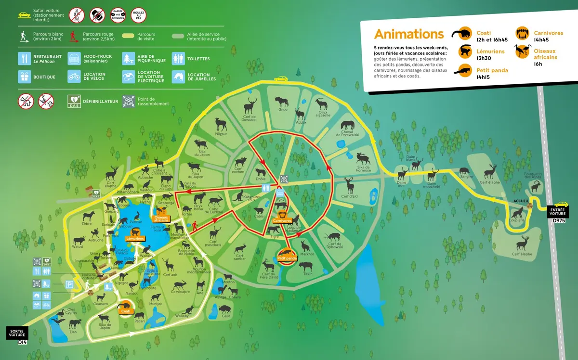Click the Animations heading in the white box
point(409,34)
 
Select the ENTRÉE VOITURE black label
point(558,211)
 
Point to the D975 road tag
point(558,220)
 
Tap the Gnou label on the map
point(283,109)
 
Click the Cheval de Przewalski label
point(347,133)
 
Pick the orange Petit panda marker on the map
point(287,258)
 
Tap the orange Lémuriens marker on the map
point(135,238)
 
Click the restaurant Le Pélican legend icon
point(25,59)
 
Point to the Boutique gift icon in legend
point(25,77)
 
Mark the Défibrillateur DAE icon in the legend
point(73,101)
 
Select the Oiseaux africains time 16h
point(538,64)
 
